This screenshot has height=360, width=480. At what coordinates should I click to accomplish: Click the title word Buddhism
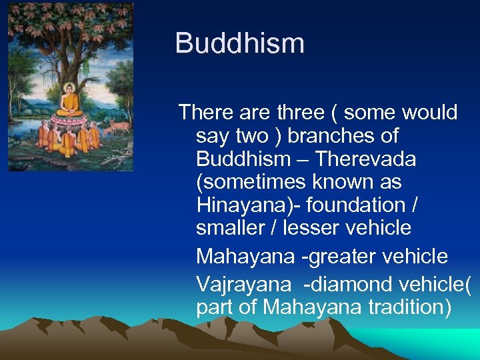coord(239,44)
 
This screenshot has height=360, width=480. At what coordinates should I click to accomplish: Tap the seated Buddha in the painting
coord(69,101)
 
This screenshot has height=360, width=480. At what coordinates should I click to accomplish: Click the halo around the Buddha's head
coord(69,88)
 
